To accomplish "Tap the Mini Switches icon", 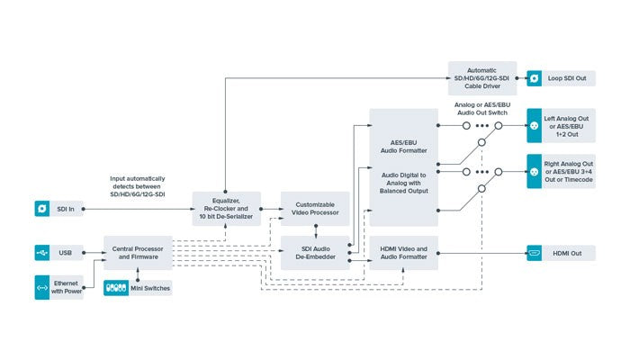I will pos(116,288).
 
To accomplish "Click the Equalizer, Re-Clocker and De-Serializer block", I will pos(227,209).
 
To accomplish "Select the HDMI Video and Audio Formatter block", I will pos(403,253).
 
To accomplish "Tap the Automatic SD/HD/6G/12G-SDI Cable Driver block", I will pos(482,78).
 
